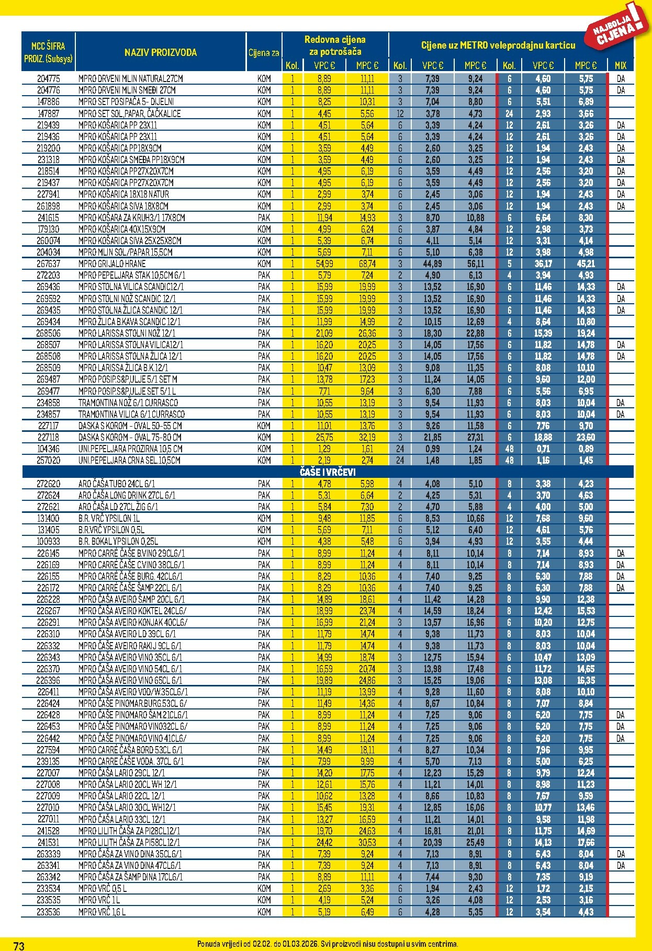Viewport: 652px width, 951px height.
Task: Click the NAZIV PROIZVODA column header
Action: pyautogui.click(x=160, y=52)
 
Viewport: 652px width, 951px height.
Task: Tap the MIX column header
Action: pyautogui.click(x=620, y=65)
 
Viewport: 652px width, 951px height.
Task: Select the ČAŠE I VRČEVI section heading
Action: pyautogui.click(x=328, y=472)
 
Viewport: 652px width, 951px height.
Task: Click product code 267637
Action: pyautogui.click(x=48, y=264)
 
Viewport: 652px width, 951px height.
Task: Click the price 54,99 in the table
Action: pyautogui.click(x=324, y=264)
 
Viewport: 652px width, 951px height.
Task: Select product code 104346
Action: pyautogui.click(x=48, y=449)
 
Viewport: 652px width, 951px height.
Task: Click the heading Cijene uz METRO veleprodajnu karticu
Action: pyautogui.click(x=498, y=45)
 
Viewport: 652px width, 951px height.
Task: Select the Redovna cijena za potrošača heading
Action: pyautogui.click(x=335, y=45)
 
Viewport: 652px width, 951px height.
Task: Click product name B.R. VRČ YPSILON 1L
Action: pyautogui.click(x=109, y=518)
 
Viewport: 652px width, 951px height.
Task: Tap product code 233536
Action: pyautogui.click(x=48, y=911)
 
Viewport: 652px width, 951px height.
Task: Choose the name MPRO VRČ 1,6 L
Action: pyautogui.click(x=102, y=911)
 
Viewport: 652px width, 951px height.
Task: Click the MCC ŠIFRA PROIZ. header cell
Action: pyautogui.click(x=48, y=52)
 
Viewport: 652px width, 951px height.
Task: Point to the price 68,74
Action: pyautogui.click(x=367, y=264)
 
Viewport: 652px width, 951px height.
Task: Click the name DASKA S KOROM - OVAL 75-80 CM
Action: pyautogui.click(x=130, y=437)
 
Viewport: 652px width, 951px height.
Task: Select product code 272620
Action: pyautogui.click(x=48, y=484)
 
